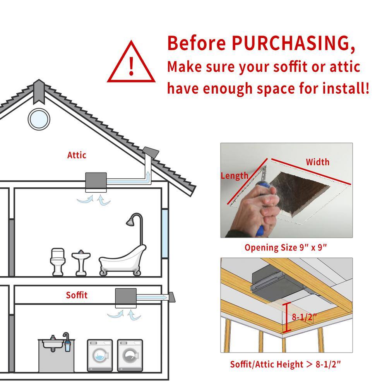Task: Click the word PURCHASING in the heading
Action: (x=294, y=44)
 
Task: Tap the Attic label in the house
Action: (x=77, y=155)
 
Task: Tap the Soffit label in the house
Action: (x=77, y=295)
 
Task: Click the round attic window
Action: (x=39, y=119)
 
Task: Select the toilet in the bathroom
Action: (x=58, y=262)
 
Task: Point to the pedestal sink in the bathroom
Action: (x=81, y=263)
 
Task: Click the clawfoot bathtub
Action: (x=122, y=260)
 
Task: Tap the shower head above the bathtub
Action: (x=131, y=221)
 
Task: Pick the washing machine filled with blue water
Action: (x=100, y=355)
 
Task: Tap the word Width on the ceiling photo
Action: (x=318, y=162)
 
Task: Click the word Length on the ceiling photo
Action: (x=235, y=176)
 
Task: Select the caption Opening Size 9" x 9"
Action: (x=286, y=247)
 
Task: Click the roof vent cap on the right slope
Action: (x=151, y=152)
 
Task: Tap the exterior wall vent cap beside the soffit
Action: (x=172, y=297)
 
